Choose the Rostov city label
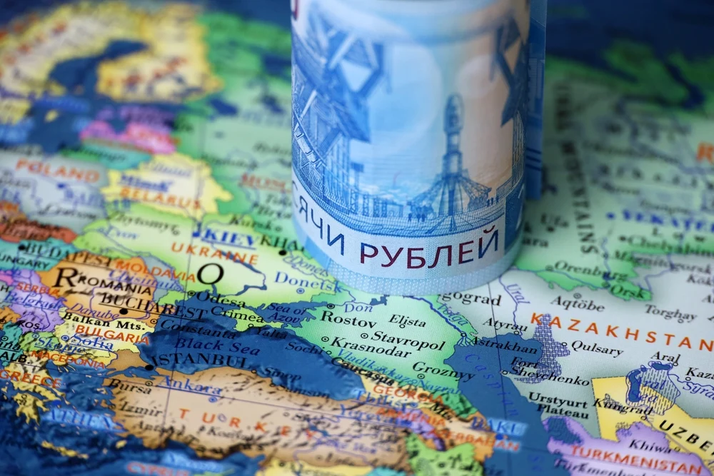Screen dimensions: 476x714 pos(348,318)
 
